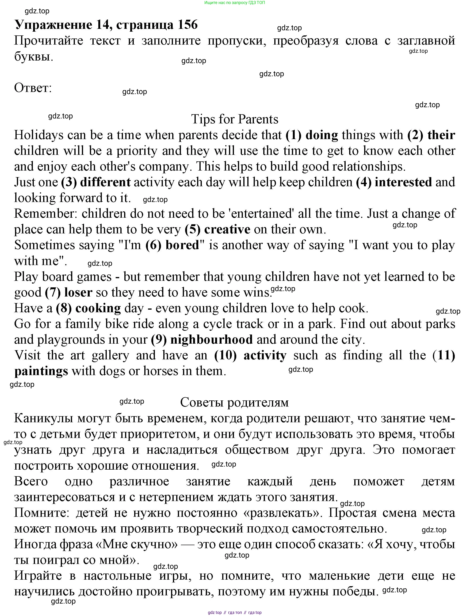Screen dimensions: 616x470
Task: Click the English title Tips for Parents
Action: point(234,119)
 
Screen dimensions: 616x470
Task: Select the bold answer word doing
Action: point(322,135)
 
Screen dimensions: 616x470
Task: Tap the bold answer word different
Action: point(105,182)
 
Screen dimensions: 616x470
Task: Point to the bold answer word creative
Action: point(227,229)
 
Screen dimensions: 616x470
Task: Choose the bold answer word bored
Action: point(182,245)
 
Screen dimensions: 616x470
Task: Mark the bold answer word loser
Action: point(78,292)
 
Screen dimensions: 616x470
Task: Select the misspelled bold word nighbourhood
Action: point(211,339)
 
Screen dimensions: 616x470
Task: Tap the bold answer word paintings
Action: point(41,371)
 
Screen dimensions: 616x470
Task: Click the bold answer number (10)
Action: point(225,355)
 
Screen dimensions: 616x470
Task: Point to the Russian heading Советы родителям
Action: point(234,402)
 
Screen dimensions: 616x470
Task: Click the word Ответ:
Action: point(33,88)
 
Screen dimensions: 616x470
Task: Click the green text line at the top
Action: point(234,3)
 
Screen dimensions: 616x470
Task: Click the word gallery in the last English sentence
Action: point(110,355)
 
